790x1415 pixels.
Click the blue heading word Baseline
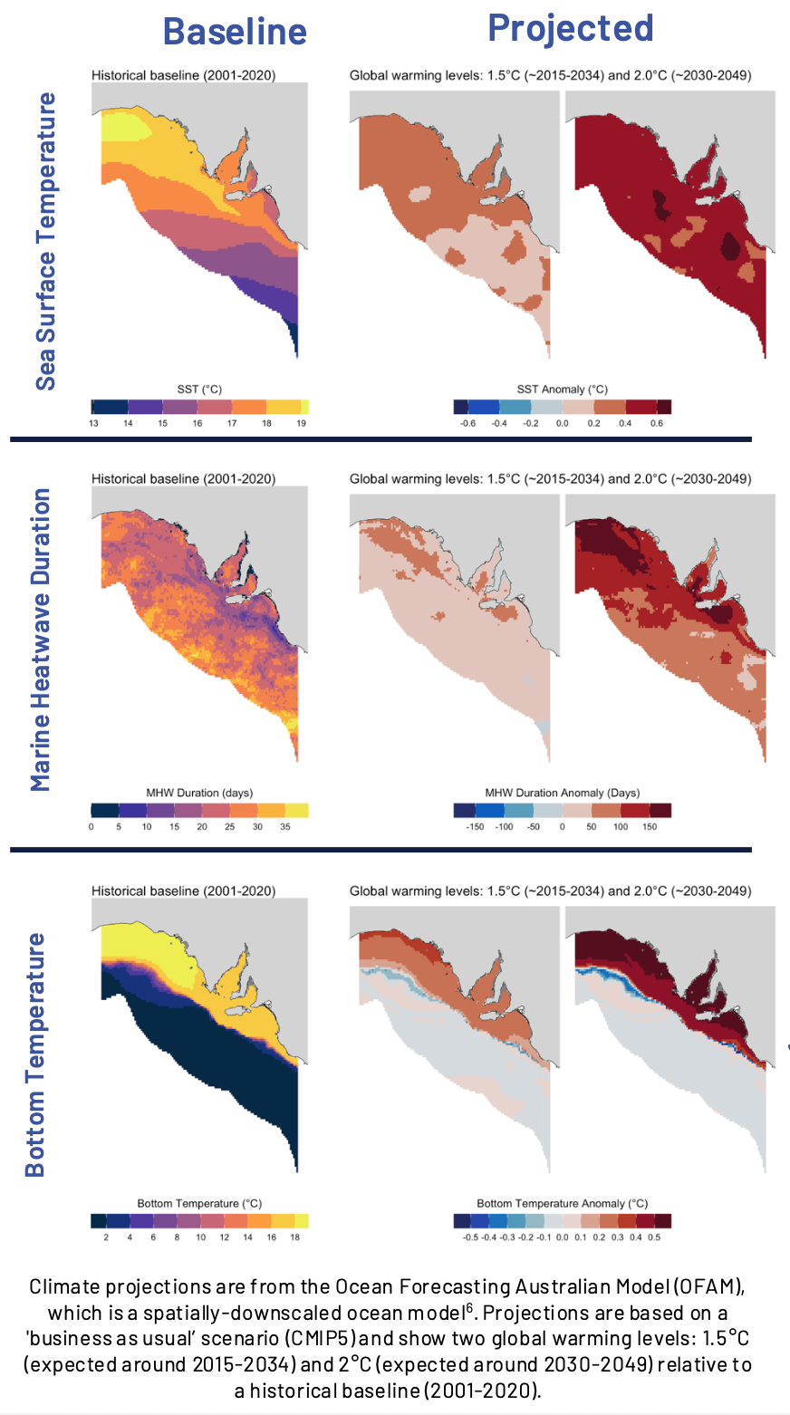click(x=235, y=32)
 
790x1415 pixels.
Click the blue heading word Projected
click(x=570, y=28)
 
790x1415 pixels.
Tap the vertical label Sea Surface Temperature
click(x=45, y=241)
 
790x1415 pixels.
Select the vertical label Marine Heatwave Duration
click(x=41, y=640)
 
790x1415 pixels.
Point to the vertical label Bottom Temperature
click(x=34, y=1055)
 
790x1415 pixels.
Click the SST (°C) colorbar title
click(x=199, y=390)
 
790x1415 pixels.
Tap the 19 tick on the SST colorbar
click(x=302, y=423)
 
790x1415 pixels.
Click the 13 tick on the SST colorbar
click(x=93, y=423)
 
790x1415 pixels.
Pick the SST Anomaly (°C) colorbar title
click(x=562, y=390)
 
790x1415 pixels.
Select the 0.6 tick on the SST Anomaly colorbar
click(x=657, y=423)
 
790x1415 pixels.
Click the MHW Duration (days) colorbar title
click(x=199, y=793)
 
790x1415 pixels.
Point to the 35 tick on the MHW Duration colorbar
click(x=285, y=827)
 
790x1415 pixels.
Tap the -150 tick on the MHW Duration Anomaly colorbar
click(x=475, y=827)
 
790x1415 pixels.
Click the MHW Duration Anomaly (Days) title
click(x=562, y=793)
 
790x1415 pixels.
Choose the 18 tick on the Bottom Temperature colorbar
click(x=294, y=1237)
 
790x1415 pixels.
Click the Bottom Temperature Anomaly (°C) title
click(x=562, y=1203)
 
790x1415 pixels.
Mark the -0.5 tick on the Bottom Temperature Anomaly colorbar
click(x=471, y=1237)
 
